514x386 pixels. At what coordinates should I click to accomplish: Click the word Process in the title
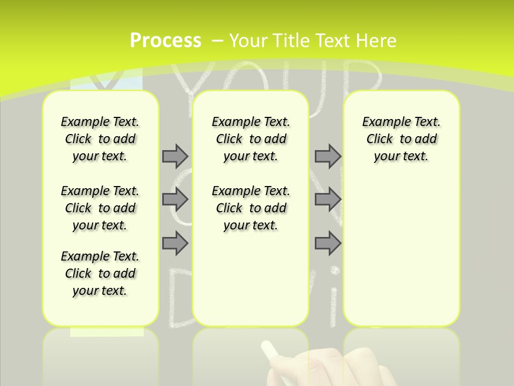point(165,41)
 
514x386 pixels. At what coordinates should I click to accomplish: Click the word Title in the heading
point(291,41)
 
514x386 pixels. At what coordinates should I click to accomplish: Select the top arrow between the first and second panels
point(175,156)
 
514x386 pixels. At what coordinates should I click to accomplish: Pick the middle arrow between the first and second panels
point(175,199)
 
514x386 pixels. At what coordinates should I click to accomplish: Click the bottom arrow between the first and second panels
point(175,243)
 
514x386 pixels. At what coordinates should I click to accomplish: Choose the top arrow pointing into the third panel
point(328,156)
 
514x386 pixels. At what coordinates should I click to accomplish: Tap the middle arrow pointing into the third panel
point(328,199)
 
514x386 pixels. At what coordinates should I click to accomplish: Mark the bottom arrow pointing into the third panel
point(328,243)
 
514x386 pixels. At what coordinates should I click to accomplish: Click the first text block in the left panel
point(100,139)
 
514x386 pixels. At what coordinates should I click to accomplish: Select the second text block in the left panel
point(100,208)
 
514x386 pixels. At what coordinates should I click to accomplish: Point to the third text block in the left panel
point(100,273)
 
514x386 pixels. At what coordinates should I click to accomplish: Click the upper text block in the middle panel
point(251,139)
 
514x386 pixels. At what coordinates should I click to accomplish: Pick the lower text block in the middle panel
point(251,208)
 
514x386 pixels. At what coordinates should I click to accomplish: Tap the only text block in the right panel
point(401,139)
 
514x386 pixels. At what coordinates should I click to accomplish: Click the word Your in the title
point(248,41)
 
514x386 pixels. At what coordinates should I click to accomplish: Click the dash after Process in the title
point(217,41)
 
